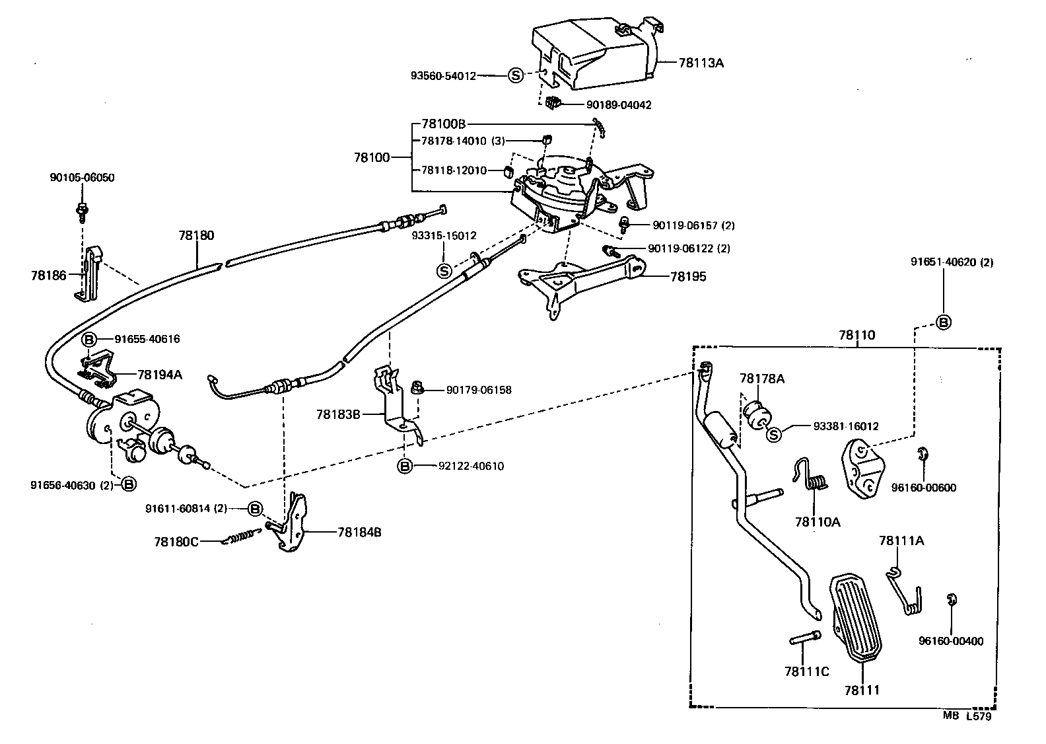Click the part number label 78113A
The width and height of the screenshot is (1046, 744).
point(701,63)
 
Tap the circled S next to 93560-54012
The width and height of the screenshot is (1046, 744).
point(516,76)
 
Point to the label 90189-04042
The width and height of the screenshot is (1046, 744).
point(619,105)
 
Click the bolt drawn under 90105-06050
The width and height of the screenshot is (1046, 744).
point(83,210)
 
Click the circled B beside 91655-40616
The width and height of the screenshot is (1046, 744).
point(89,340)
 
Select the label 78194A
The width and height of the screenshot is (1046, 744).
point(160,375)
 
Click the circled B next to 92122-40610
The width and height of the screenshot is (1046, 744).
point(405,466)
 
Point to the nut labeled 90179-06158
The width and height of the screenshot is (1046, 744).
point(417,387)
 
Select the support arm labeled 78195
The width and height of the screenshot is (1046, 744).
point(581,281)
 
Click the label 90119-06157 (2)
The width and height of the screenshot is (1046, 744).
point(693,226)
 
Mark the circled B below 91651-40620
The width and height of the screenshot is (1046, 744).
point(944,322)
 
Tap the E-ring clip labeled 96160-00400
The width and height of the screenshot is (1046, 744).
point(952,599)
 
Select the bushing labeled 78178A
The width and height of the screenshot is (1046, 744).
point(757,414)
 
